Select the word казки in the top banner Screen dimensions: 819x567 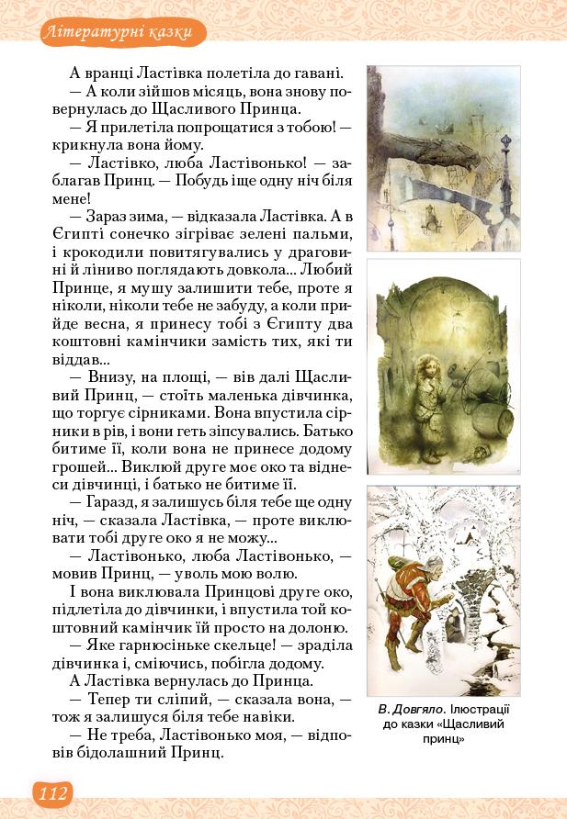169,33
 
